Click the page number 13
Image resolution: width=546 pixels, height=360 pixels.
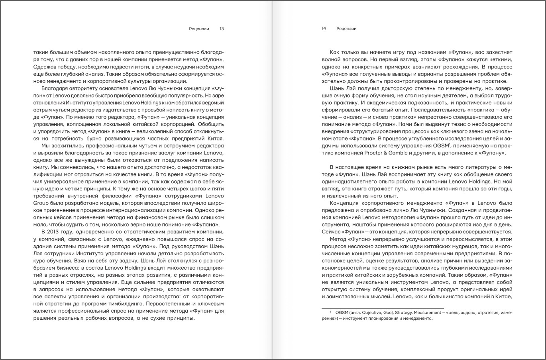click(x=222, y=29)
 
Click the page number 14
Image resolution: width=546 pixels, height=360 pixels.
click(x=324, y=29)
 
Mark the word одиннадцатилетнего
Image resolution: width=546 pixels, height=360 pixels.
click(x=354, y=182)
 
